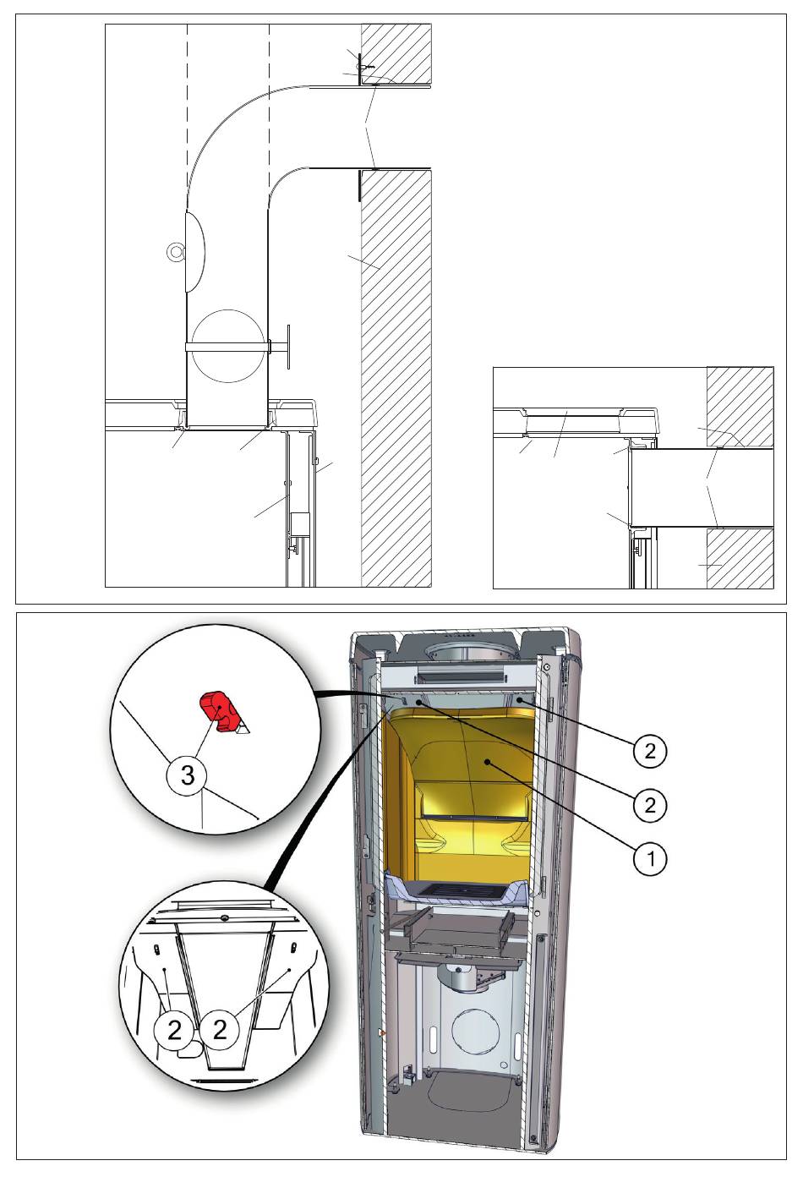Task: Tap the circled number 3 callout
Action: click(188, 775)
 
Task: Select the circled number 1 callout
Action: click(650, 859)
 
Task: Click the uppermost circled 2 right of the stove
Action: click(650, 752)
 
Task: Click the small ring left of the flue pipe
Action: click(174, 252)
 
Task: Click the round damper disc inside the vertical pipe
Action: click(227, 346)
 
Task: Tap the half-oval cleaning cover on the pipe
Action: click(194, 252)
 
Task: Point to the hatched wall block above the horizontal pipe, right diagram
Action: click(740, 408)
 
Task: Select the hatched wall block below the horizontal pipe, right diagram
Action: click(740, 558)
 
